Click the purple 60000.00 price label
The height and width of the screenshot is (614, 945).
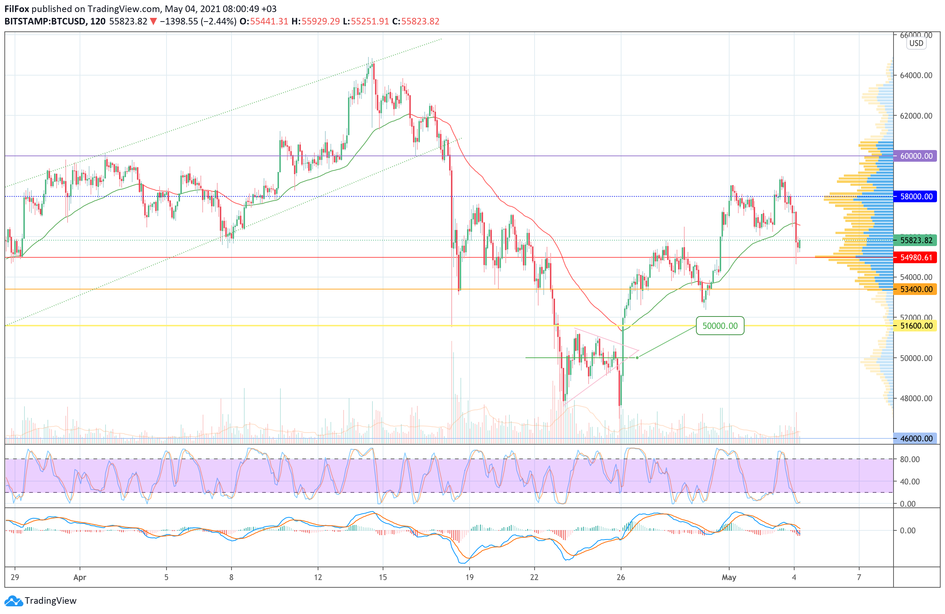click(x=915, y=156)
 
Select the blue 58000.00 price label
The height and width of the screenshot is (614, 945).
click(x=915, y=196)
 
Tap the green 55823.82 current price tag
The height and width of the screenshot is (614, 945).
click(x=915, y=240)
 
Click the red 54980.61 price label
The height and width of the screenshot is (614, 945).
click(x=915, y=258)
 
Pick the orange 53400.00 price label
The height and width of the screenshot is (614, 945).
click(x=915, y=289)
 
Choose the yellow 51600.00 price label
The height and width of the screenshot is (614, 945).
click(x=915, y=326)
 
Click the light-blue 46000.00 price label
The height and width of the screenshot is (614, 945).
click(x=915, y=438)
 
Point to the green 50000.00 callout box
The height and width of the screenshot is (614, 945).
click(x=720, y=326)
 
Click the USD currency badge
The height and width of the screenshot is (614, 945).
click(x=916, y=43)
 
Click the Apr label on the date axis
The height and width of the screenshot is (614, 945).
click(x=80, y=577)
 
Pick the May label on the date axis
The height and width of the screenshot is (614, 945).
click(x=729, y=577)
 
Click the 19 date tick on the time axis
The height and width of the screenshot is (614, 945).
click(x=469, y=577)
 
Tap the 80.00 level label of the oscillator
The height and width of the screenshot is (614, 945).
click(x=910, y=459)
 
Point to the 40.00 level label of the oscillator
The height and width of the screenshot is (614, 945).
click(x=910, y=481)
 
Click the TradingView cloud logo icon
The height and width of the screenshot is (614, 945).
click(x=14, y=601)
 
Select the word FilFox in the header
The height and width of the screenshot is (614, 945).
click(x=17, y=9)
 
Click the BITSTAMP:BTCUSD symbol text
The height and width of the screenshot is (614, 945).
click(x=45, y=22)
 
